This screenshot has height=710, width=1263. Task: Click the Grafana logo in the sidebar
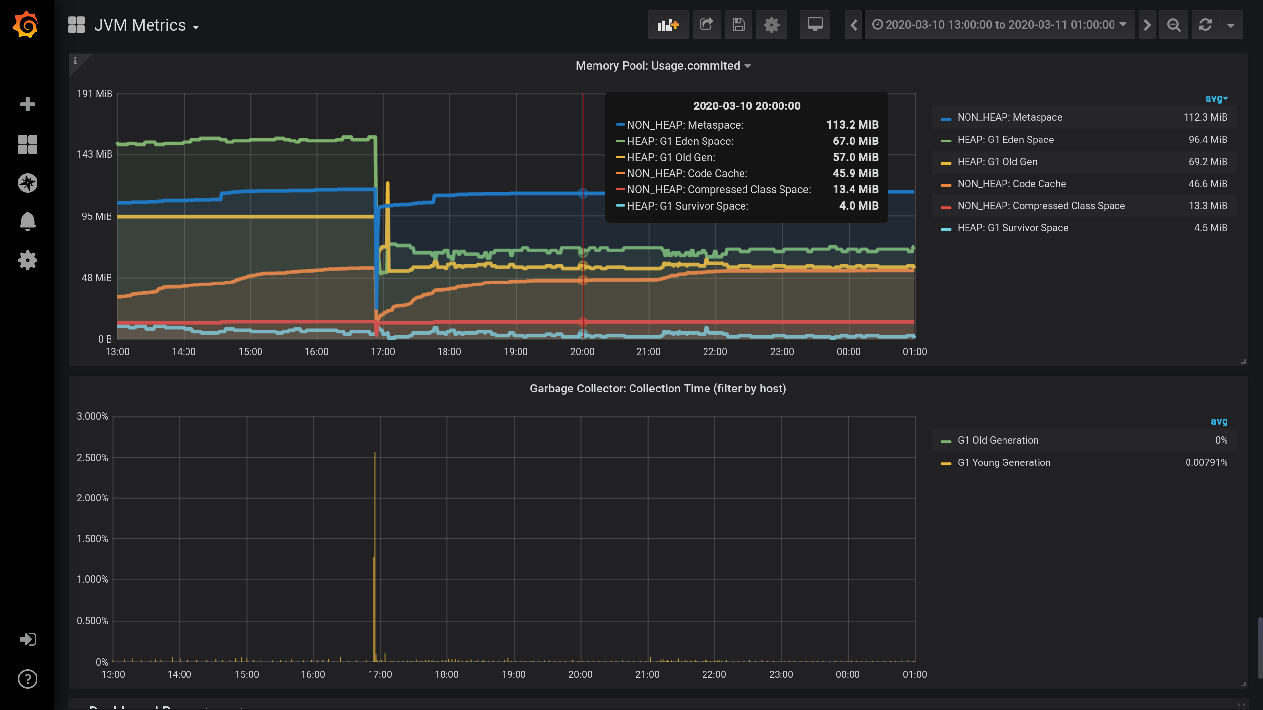(x=26, y=25)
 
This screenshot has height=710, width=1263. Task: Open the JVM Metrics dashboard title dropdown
(x=146, y=26)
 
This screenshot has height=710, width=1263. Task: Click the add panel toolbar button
(x=668, y=25)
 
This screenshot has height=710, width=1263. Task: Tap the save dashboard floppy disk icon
(x=738, y=25)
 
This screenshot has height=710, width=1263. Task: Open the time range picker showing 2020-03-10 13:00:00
(x=1000, y=25)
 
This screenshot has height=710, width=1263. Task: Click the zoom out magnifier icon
(x=1174, y=25)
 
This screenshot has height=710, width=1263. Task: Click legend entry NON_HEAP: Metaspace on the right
(x=1009, y=117)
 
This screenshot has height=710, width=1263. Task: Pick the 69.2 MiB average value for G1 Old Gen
(x=1208, y=162)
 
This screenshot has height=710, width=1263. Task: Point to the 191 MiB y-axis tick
(x=95, y=94)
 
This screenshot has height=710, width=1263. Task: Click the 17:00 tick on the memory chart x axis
(x=383, y=352)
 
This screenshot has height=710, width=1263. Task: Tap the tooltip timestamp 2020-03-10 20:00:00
(x=746, y=106)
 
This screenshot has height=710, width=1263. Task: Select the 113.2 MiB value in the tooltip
(x=852, y=125)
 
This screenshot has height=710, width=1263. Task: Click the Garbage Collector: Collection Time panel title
(x=658, y=389)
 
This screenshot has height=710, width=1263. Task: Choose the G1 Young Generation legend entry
(x=1003, y=462)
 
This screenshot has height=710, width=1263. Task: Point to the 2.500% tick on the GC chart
(x=92, y=458)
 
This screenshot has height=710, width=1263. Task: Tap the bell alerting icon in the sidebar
(x=28, y=221)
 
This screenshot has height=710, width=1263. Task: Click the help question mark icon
(x=28, y=679)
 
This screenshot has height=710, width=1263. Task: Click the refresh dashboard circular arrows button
(x=1205, y=25)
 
